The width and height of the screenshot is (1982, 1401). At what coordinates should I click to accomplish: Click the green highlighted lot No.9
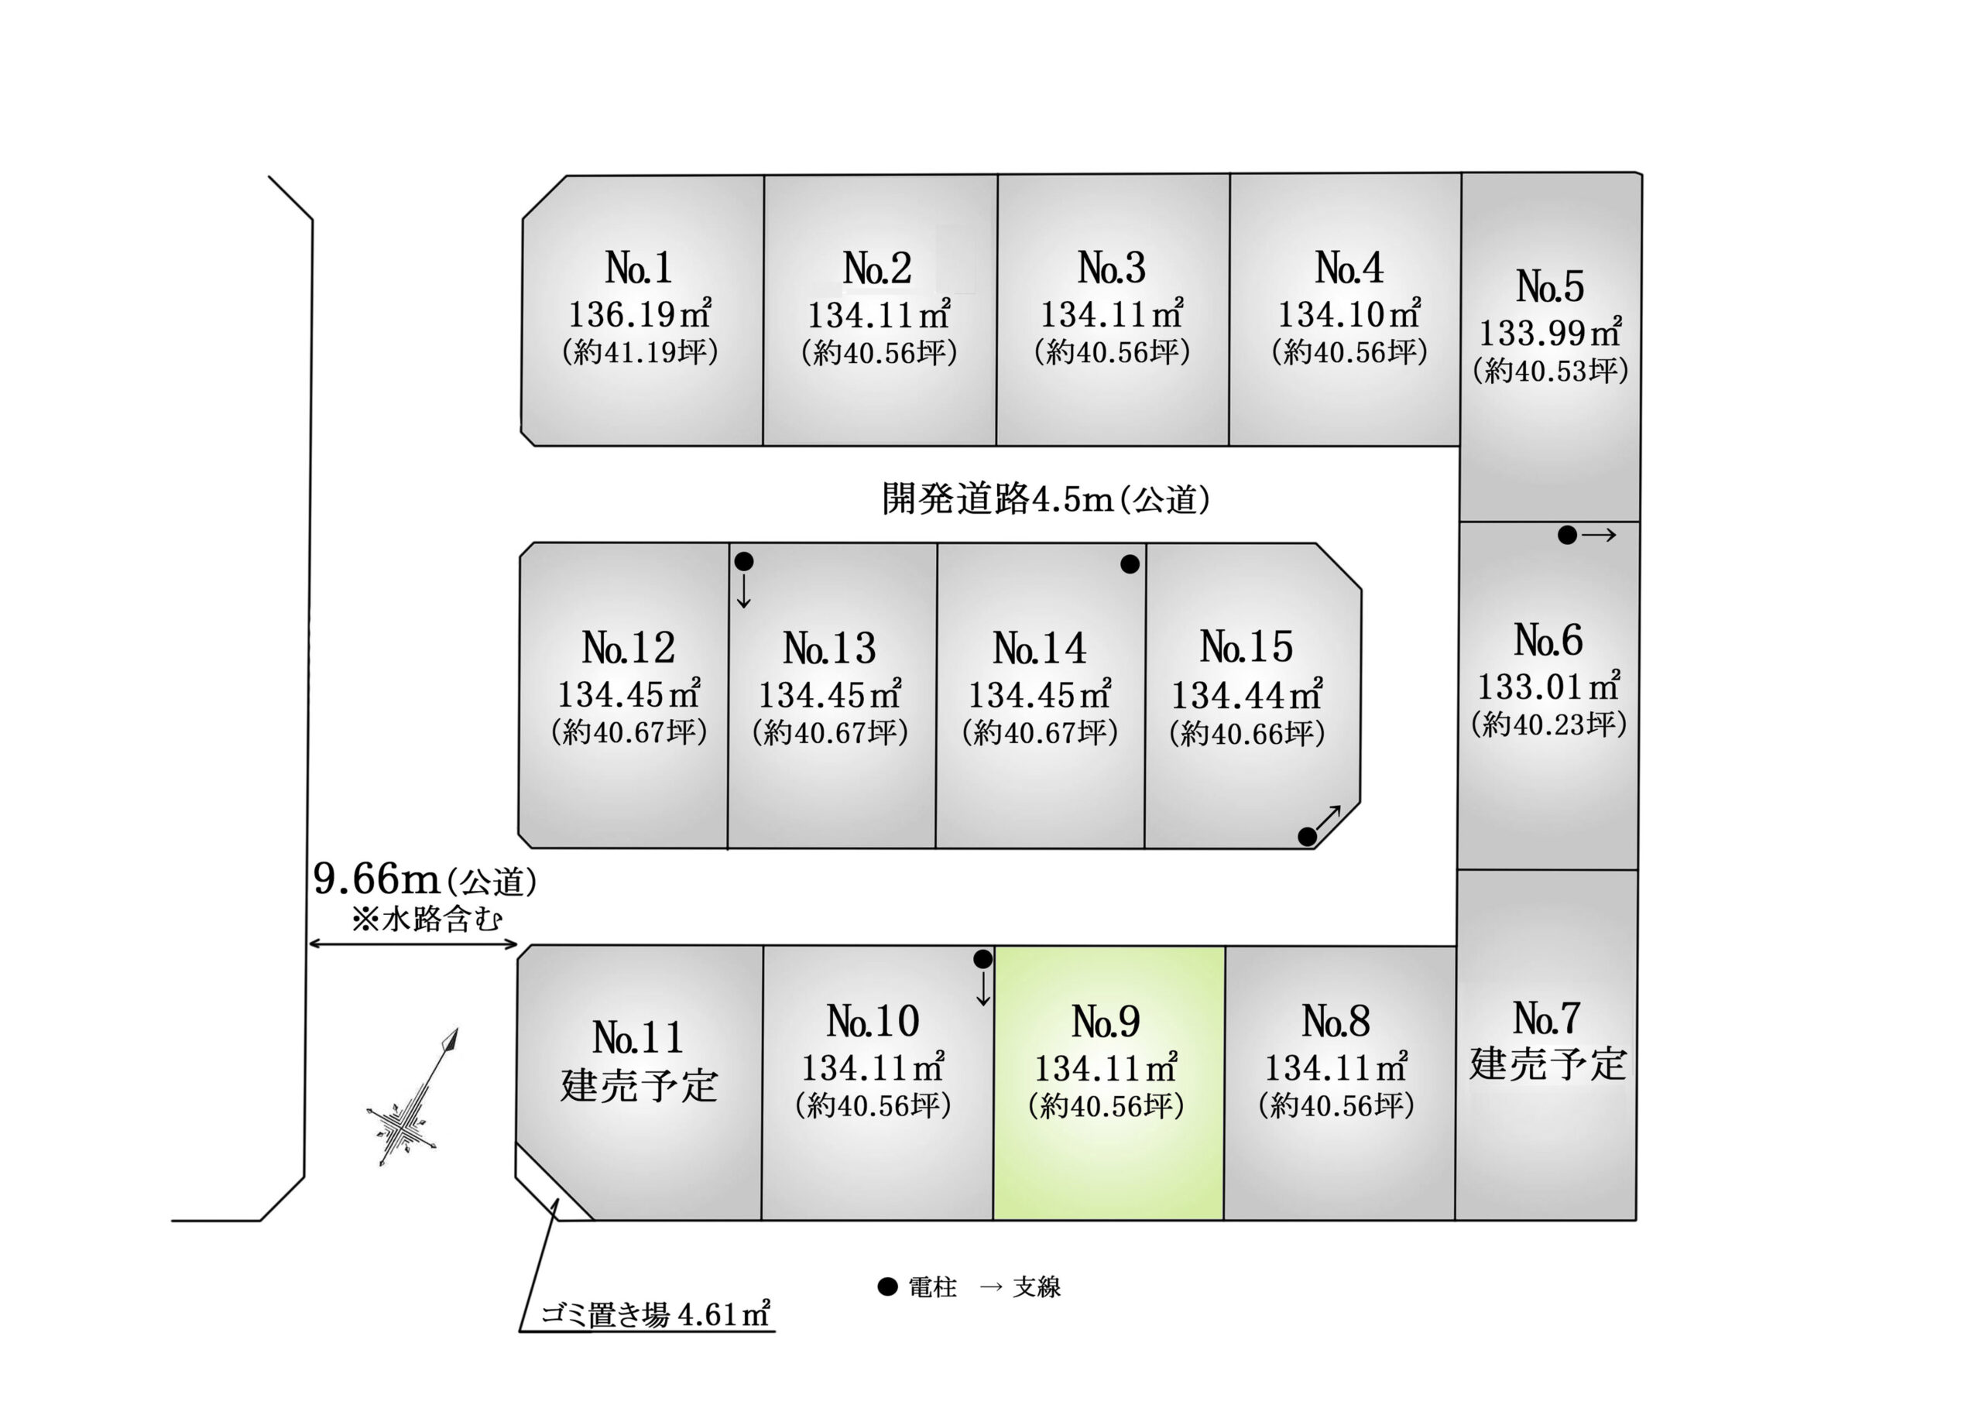1109,1084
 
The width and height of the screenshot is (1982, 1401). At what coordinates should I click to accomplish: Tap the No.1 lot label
639,268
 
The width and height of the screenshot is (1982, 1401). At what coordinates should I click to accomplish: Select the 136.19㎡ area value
640,313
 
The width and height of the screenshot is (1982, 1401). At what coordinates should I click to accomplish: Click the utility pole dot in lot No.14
1130,564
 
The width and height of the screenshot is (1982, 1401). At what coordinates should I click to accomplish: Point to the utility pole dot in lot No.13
744,562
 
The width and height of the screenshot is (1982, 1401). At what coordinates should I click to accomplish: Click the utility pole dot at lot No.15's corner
1308,837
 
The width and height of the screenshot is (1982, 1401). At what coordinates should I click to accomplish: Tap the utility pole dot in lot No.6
1568,535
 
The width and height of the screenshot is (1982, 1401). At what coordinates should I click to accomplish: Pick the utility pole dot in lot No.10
983,959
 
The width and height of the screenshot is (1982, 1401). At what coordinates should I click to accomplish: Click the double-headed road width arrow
413,944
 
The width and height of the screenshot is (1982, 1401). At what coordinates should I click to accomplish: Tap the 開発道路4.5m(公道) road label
1045,499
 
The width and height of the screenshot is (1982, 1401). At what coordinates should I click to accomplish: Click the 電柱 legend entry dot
887,1287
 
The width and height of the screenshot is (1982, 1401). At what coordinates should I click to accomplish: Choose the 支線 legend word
1037,1287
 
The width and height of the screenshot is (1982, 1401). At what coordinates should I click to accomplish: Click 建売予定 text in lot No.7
1548,1064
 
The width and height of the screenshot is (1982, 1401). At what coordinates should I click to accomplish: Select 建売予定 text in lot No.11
639,1085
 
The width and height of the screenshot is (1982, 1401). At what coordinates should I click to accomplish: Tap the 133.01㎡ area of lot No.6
1548,687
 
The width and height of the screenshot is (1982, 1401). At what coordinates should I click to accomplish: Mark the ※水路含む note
427,919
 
